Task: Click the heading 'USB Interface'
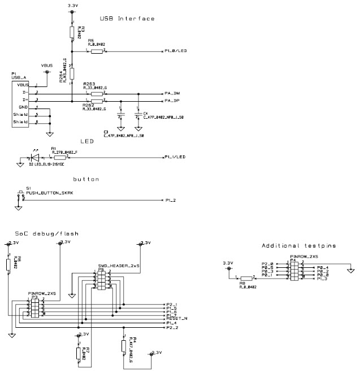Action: click(127, 19)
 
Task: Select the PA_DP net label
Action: click(172, 101)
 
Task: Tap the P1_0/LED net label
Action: click(177, 51)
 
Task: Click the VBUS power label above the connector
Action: click(47, 66)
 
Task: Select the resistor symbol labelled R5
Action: click(96, 51)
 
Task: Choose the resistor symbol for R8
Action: click(245, 278)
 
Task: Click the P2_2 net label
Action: click(172, 328)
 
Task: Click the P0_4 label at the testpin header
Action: click(323, 267)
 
